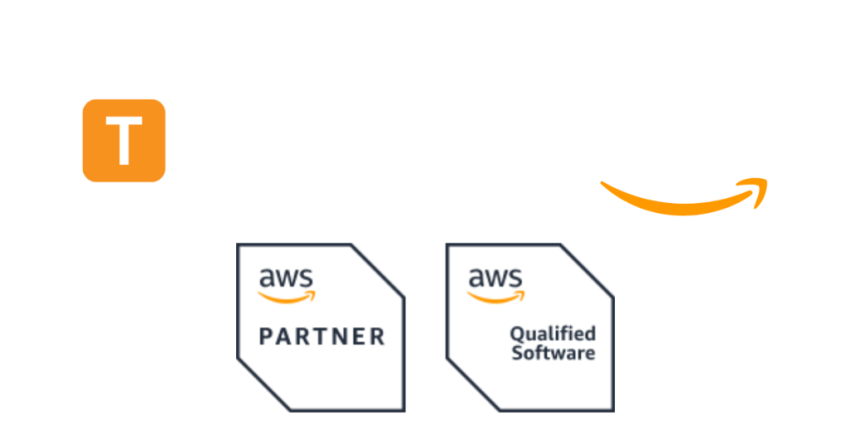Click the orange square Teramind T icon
(124, 140)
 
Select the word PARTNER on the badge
(322, 337)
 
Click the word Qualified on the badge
(553, 334)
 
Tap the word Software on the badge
(553, 353)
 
